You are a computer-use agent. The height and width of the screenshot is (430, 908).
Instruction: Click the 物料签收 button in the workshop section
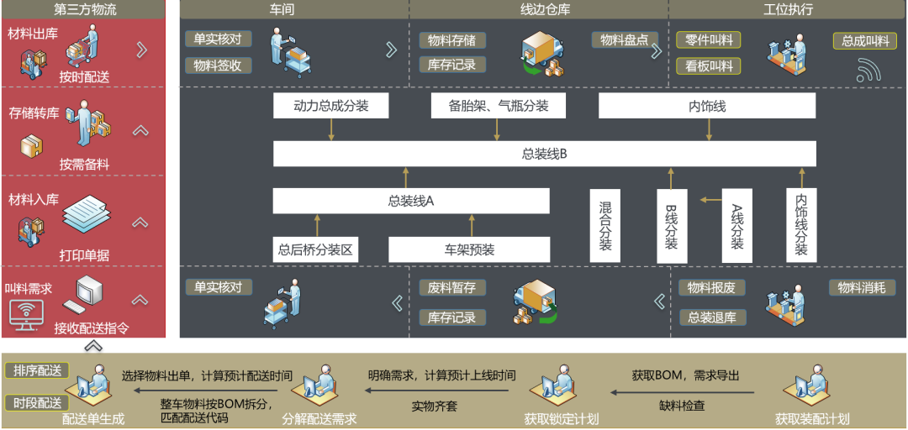coord(218,66)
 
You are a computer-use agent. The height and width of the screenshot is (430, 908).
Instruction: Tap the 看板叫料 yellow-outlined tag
coord(709,66)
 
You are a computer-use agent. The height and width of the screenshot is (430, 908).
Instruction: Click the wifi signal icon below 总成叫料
coord(868,71)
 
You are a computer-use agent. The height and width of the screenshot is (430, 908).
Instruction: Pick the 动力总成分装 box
coord(331,106)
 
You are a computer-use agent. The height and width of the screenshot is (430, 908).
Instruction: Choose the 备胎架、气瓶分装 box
coord(498,106)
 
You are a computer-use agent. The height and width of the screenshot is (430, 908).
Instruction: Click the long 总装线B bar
coord(544,154)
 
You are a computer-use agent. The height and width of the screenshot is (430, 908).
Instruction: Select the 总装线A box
coord(410,201)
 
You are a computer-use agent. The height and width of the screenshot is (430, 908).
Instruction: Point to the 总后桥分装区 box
coord(318,249)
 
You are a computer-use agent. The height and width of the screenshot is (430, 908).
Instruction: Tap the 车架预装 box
coord(469,249)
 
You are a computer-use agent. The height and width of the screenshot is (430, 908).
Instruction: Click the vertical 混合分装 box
coord(605,225)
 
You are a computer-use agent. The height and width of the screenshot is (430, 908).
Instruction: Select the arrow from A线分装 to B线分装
coord(710,200)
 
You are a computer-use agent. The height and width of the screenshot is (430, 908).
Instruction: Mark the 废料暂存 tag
coord(451,287)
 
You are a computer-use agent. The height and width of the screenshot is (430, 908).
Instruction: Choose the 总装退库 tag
coord(711,317)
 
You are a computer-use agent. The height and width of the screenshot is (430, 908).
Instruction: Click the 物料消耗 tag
coord(861,287)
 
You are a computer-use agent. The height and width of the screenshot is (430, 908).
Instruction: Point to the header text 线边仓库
coord(539,9)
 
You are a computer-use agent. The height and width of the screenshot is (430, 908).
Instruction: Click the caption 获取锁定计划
coord(561,418)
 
